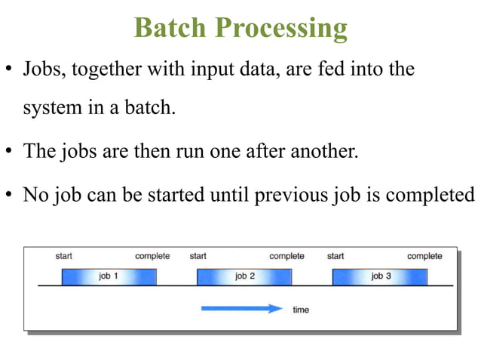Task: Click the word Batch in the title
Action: pyautogui.click(x=170, y=27)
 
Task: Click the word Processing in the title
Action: pyautogui.click(x=282, y=28)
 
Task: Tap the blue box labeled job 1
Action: pyautogui.click(x=109, y=276)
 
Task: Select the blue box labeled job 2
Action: pyautogui.click(x=244, y=276)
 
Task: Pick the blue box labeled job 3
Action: pyautogui.click(x=380, y=276)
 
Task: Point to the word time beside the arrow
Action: pyautogui.click(x=301, y=310)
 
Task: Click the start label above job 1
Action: pyautogui.click(x=64, y=256)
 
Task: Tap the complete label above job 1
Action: pyautogui.click(x=152, y=256)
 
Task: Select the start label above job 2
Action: pyautogui.click(x=198, y=256)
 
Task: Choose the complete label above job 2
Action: pyautogui.click(x=286, y=256)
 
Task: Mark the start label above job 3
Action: pyautogui.click(x=335, y=256)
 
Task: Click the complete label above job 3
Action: pyautogui.click(x=424, y=256)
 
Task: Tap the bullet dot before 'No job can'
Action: pyautogui.click(x=9, y=195)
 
